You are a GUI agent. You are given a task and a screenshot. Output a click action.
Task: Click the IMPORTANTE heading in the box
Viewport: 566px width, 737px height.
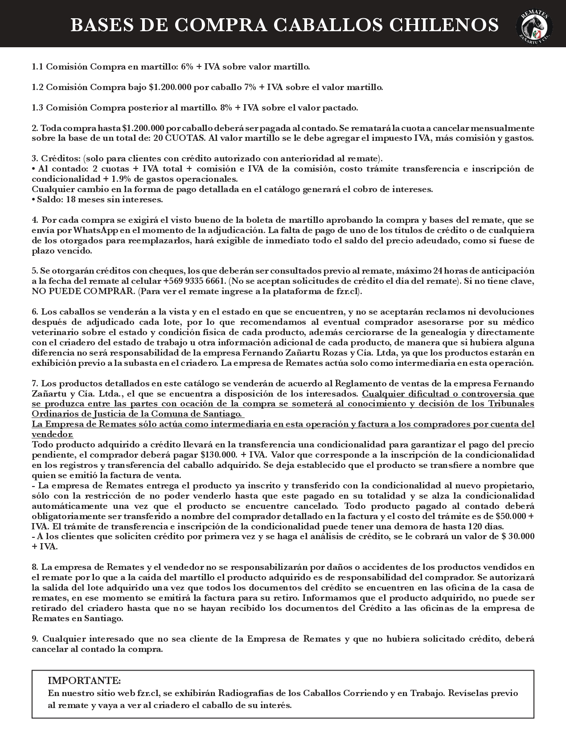pyautogui.click(x=84, y=681)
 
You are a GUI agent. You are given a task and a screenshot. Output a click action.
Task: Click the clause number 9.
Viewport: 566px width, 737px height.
pyautogui.click(x=34, y=639)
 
